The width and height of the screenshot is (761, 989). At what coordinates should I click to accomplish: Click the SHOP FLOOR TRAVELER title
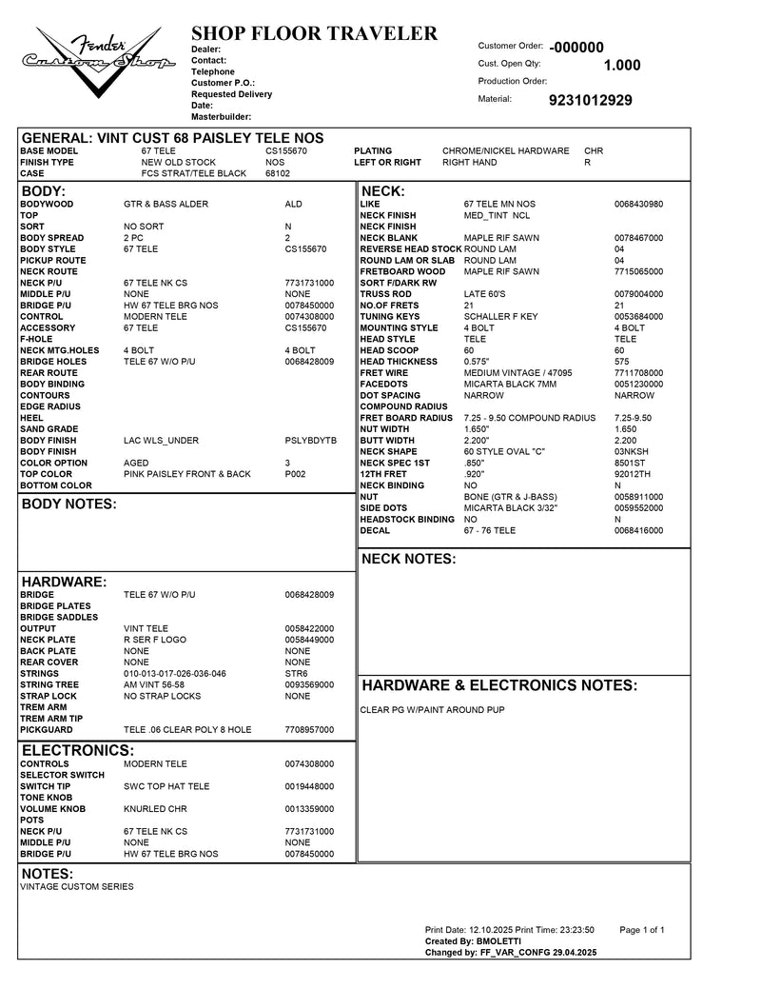[x=314, y=34]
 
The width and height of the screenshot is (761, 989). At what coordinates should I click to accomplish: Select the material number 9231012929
[x=590, y=100]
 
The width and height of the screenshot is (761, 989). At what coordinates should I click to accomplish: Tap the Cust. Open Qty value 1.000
[x=622, y=66]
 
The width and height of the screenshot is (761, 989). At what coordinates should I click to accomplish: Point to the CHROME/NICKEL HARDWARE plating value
[x=505, y=151]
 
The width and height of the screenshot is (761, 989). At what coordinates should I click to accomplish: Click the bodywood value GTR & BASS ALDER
[x=166, y=205]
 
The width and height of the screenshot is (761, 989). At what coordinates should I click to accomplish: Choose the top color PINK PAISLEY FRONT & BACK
[x=187, y=474]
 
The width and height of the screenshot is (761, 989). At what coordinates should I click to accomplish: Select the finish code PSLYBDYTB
[x=310, y=441]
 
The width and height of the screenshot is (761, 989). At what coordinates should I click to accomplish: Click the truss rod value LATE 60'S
[x=484, y=294]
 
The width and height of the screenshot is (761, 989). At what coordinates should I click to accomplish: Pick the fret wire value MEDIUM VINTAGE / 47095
[x=517, y=373]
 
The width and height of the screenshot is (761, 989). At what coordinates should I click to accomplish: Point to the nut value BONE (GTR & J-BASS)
[x=509, y=497]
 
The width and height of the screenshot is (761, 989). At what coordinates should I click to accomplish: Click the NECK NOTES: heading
[x=409, y=559]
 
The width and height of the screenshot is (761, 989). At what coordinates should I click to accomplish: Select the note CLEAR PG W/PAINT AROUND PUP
[x=432, y=710]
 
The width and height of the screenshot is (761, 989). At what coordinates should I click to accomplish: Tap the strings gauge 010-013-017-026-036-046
[x=175, y=674]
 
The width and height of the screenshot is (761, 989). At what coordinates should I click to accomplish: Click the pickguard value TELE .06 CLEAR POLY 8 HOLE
[x=187, y=730]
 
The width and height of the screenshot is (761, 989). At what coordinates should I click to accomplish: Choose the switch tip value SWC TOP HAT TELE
[x=166, y=786]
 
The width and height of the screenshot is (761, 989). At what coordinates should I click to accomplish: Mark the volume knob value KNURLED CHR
[x=155, y=809]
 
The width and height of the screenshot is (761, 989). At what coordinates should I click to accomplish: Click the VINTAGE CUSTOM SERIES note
[x=77, y=887]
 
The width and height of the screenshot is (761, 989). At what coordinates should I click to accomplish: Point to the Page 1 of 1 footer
[x=641, y=930]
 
